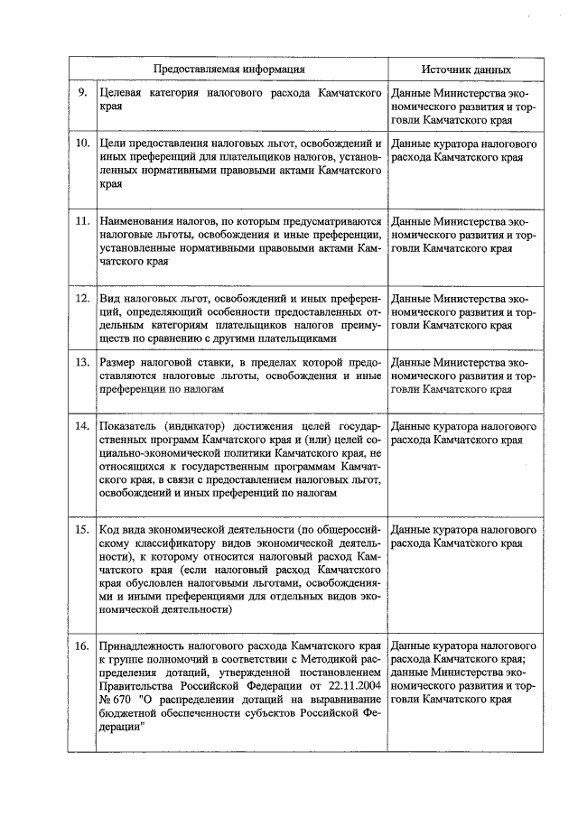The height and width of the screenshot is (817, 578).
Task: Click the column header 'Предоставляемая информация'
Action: (x=228, y=70)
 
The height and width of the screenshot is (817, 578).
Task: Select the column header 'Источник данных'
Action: (x=466, y=70)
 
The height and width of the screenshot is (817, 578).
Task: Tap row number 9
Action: (x=83, y=93)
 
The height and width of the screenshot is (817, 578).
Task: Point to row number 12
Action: (x=82, y=298)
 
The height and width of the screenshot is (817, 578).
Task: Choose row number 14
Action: (x=82, y=424)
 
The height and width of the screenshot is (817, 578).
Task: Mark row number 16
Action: (x=82, y=646)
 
